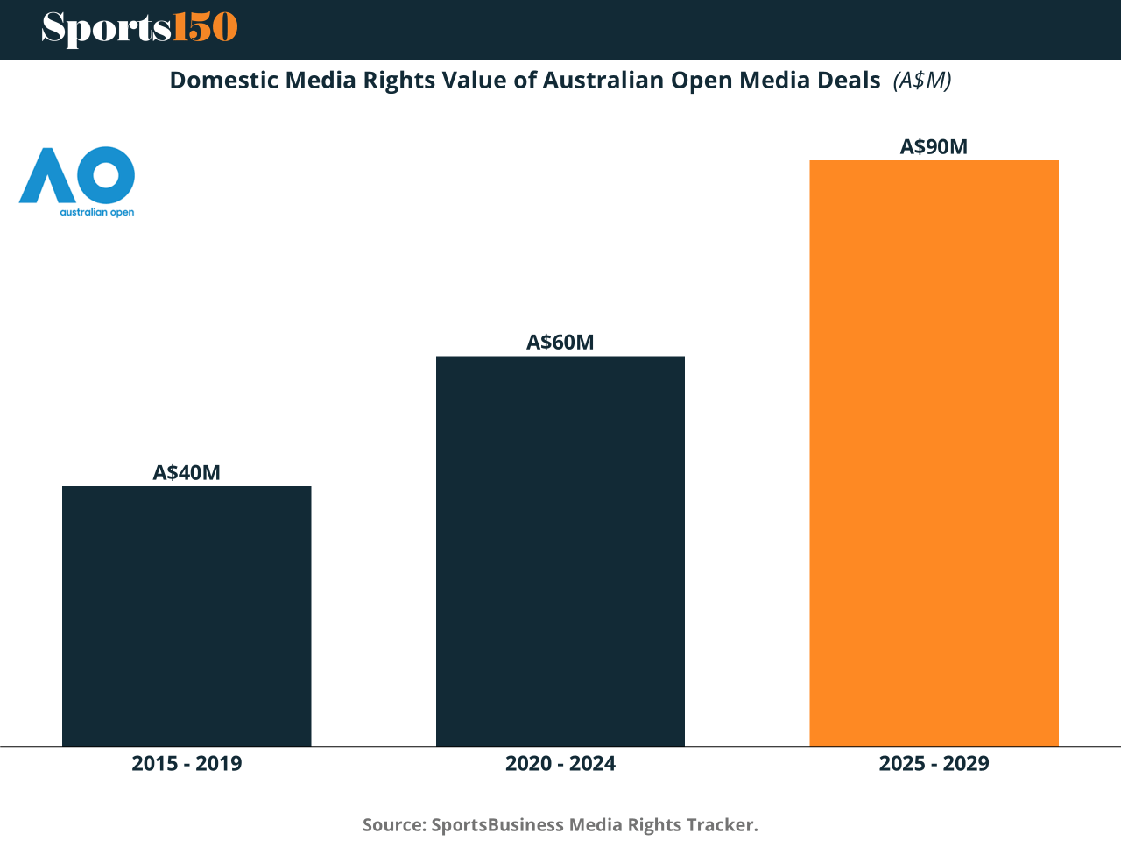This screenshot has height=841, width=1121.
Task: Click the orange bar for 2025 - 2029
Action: [x=934, y=453]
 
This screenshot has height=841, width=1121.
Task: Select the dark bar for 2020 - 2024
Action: [x=560, y=551]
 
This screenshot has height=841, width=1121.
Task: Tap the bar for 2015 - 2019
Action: [x=187, y=616]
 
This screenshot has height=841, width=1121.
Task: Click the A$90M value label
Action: [x=934, y=147]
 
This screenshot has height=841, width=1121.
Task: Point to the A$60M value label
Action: [x=560, y=343]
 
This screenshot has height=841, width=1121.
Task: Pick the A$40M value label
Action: [x=187, y=473]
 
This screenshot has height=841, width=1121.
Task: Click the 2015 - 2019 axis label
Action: [x=187, y=763]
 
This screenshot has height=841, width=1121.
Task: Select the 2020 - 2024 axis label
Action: [x=560, y=763]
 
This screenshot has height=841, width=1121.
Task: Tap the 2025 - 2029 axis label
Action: [x=934, y=763]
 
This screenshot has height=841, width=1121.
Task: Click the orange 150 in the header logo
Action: [x=205, y=28]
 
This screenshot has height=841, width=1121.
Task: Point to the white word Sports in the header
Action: [x=106, y=29]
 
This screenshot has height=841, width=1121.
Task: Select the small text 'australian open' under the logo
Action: [x=96, y=212]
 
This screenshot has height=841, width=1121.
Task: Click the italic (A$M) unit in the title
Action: [x=922, y=81]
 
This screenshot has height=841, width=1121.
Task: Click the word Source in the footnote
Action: [x=394, y=825]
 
